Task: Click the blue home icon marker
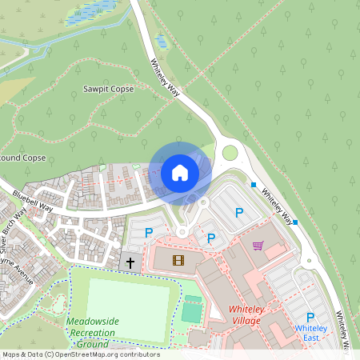tap(180, 173)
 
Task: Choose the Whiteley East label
tap(311, 333)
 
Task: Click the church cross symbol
tap(130, 262)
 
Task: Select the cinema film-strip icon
tap(177, 259)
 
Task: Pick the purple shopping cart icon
tap(258, 246)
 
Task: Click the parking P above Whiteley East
tap(310, 318)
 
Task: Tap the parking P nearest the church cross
tap(148, 233)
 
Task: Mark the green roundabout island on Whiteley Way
tap(230, 153)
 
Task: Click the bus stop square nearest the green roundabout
tap(254, 185)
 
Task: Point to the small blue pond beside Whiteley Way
tap(161, 40)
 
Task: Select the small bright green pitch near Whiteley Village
tap(191, 310)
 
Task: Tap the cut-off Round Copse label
tap(22, 158)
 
